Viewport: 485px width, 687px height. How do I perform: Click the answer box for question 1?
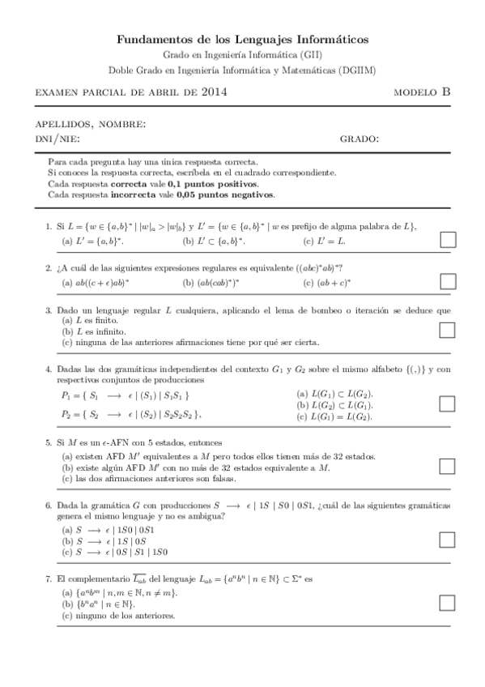[x=447, y=239]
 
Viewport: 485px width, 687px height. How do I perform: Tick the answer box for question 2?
[x=447, y=281]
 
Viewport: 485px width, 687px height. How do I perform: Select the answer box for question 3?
[x=447, y=330]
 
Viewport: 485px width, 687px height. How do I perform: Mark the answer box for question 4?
[x=447, y=403]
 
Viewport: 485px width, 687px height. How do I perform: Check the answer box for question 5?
[x=447, y=466]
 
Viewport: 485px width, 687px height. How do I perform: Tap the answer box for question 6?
[x=447, y=540]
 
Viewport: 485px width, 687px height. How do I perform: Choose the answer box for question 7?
[x=447, y=602]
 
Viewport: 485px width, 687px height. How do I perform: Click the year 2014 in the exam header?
[x=213, y=92]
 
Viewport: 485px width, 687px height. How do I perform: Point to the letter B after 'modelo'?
[x=446, y=92]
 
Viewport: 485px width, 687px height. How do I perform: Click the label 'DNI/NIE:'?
[x=57, y=139]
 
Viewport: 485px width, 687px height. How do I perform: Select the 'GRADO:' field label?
[x=359, y=139]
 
